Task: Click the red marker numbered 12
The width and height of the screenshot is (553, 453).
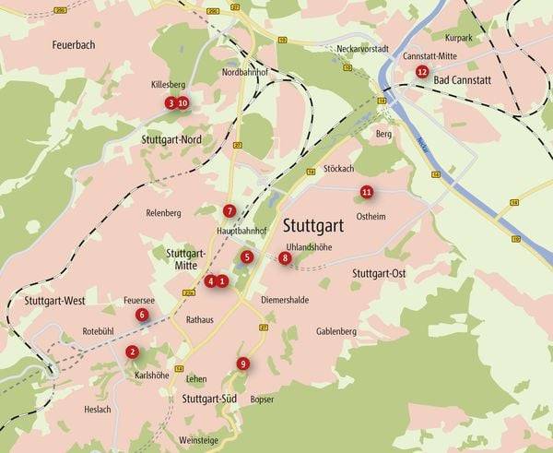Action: point(422,71)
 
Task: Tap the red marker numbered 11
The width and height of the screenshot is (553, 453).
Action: point(367,192)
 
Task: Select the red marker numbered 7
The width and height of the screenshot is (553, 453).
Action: point(229,210)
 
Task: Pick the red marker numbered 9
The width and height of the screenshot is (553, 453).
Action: point(242,364)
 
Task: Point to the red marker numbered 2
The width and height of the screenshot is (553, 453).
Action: point(132,352)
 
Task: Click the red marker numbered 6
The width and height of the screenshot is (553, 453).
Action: point(142,315)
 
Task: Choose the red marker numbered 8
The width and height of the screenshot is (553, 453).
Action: point(285,258)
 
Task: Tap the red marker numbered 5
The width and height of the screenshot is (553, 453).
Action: point(247,256)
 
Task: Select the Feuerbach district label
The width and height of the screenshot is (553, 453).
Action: point(73,44)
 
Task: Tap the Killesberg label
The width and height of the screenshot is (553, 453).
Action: point(168,84)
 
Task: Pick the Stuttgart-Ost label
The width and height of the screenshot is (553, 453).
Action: point(379,274)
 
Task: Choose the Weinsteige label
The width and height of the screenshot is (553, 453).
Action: point(199,440)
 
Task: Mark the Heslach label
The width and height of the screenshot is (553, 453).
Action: point(98,410)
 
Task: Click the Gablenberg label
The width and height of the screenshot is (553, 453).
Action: point(335,331)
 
